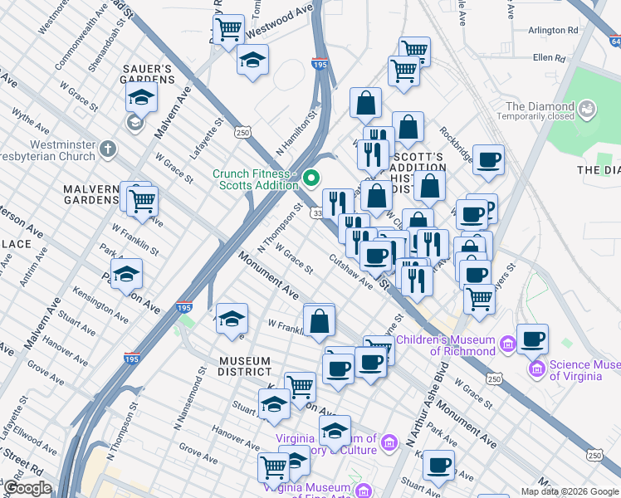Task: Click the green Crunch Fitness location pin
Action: [x=312, y=178]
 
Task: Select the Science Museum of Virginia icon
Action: [x=536, y=368]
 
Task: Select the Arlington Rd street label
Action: [x=552, y=30]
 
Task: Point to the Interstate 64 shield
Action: [x=614, y=40]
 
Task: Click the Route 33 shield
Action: [x=317, y=214]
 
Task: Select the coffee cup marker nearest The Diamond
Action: [x=488, y=159]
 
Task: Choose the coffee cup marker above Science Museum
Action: [x=532, y=338]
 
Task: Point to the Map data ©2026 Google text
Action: [x=570, y=491]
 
